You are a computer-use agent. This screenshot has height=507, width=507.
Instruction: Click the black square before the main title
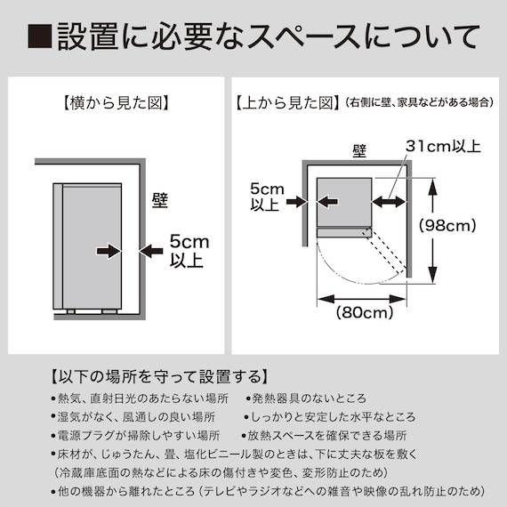40,37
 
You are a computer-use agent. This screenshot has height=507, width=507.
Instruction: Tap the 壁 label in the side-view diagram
160,199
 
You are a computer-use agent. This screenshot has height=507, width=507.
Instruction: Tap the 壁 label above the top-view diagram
359,151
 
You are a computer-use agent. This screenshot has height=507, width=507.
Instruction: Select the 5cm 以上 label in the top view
266,197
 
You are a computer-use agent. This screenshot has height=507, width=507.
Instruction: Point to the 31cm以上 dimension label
442,146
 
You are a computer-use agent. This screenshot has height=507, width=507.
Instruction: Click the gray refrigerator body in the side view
88,245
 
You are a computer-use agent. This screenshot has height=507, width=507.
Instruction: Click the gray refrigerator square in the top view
343,202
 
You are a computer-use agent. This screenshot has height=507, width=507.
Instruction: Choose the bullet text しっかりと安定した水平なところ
328,417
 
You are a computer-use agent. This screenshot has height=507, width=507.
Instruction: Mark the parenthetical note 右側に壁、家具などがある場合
419,104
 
